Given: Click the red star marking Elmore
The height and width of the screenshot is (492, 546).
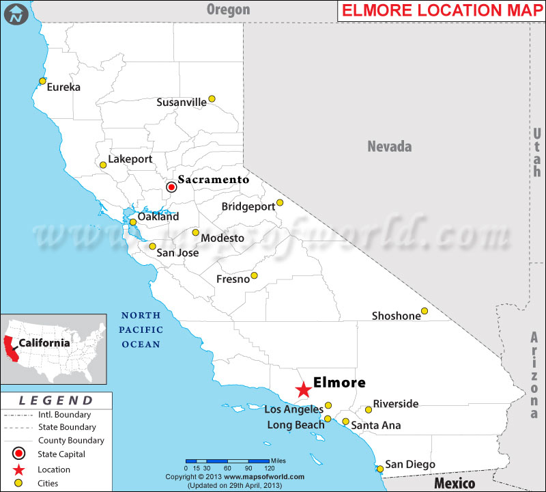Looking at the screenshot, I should point(304,389).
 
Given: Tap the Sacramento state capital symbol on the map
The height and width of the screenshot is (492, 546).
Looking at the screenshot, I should point(172,186).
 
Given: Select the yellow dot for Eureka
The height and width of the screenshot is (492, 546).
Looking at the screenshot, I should point(42,81).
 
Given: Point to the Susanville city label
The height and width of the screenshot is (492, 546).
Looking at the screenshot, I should point(181,102).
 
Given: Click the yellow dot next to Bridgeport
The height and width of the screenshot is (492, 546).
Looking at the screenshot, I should point(280,203).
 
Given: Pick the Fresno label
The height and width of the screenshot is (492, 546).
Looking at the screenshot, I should point(232,279).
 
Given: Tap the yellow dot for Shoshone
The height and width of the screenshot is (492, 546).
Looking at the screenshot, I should point(425,312).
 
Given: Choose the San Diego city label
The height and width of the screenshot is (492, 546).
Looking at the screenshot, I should point(410,465).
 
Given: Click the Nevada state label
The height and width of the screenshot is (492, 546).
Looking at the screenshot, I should point(390,146).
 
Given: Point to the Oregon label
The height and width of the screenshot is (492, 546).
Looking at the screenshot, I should point(229,10).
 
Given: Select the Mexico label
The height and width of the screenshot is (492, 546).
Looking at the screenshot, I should point(455,483).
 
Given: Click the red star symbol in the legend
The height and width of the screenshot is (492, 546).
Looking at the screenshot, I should point(18,469).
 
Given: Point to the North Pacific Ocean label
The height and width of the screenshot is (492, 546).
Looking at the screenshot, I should point(141,330).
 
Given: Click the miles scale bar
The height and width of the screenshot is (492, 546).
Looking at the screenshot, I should point(227,461).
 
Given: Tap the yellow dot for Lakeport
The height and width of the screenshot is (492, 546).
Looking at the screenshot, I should point(103,165).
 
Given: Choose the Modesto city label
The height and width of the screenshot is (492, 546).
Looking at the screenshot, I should point(222,238).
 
